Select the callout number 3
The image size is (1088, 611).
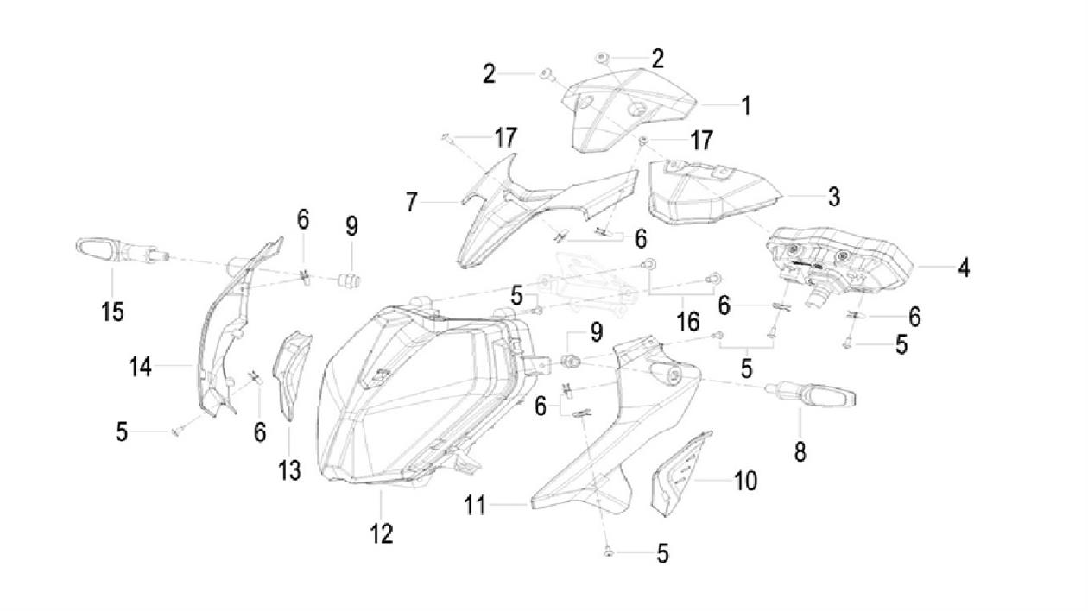834,197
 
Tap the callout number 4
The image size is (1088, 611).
965,268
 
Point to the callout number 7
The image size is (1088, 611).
411,202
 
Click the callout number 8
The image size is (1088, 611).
800,450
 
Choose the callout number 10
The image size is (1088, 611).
745,481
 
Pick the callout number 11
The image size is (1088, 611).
475,505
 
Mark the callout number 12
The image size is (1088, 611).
382,534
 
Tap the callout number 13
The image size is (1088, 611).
289,469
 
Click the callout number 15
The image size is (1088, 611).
112,312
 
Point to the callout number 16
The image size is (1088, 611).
687,321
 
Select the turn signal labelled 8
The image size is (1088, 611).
810,395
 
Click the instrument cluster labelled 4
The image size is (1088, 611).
838,269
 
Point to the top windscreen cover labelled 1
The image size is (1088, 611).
629,111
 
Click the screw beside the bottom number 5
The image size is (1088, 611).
608,552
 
